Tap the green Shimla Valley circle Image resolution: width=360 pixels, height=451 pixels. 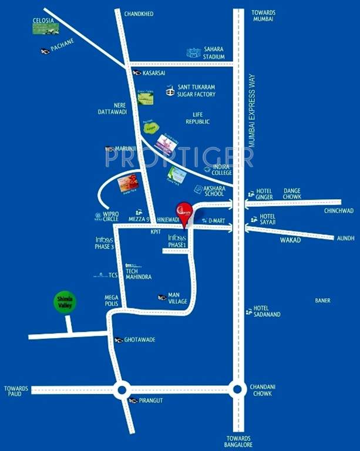(x=65, y=303)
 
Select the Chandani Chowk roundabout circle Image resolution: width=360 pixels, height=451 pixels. (x=237, y=388)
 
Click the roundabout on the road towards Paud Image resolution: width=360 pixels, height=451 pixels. (x=122, y=389)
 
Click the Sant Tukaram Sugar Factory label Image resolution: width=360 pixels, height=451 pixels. (x=197, y=90)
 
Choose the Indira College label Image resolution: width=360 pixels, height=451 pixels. (x=222, y=170)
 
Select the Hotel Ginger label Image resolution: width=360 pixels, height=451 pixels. (x=264, y=193)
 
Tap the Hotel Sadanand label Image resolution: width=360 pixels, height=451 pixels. (x=267, y=311)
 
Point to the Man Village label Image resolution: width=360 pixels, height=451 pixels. (x=177, y=298)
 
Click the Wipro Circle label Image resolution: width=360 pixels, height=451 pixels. (x=111, y=217)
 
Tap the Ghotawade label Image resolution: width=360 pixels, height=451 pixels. (x=139, y=340)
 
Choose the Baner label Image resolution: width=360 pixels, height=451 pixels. (x=322, y=301)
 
